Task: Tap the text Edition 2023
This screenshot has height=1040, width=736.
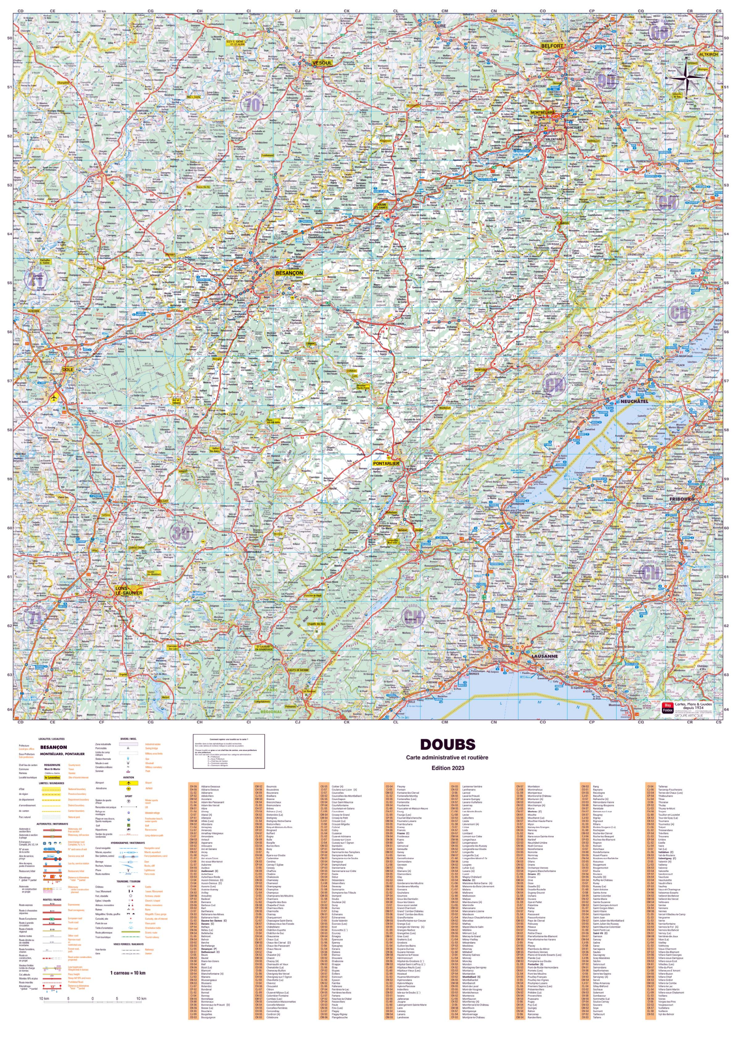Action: click(x=447, y=768)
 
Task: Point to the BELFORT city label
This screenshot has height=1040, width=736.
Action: click(x=551, y=46)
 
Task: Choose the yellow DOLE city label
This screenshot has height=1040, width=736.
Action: click(x=67, y=370)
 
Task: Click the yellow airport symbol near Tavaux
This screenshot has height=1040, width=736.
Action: click(x=55, y=397)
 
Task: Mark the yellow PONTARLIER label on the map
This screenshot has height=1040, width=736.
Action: click(x=386, y=464)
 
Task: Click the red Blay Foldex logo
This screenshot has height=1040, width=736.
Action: click(x=667, y=707)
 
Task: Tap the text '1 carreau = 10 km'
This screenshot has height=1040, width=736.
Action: click(x=128, y=973)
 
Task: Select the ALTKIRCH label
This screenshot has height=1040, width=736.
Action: click(x=708, y=54)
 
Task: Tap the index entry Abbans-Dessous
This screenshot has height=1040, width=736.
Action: click(x=211, y=786)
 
